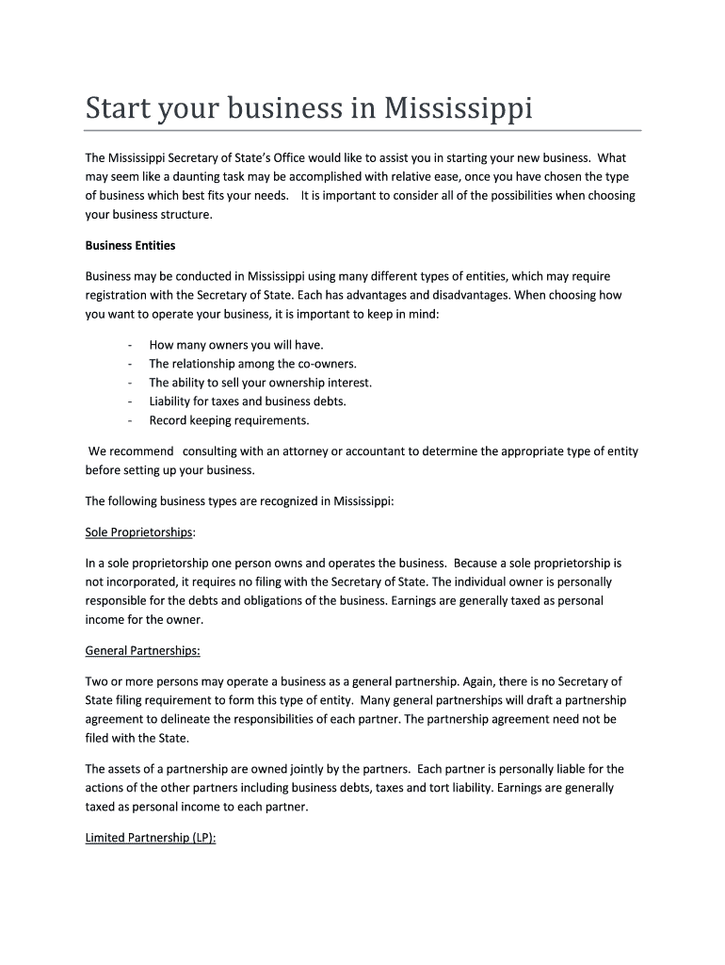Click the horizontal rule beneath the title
362,129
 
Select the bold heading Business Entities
130,245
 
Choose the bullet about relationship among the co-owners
252,364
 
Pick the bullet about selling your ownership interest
260,383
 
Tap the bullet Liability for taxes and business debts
248,401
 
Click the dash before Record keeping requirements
127,420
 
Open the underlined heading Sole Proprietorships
138,532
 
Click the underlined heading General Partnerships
142,650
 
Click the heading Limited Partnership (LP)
151,838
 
